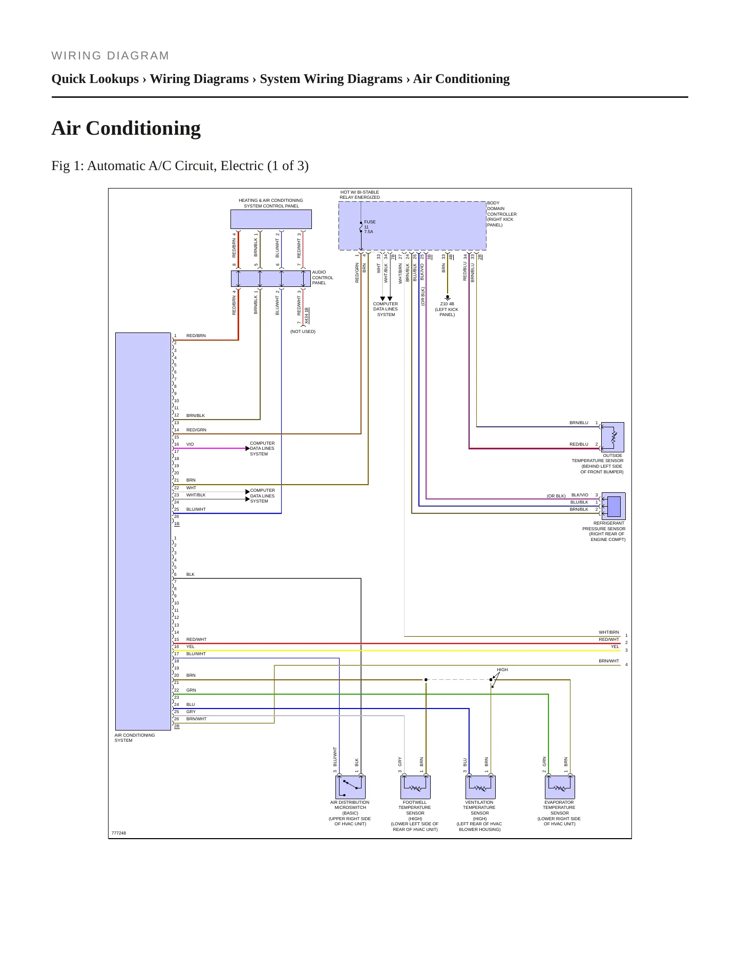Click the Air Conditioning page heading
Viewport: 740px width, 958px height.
126,128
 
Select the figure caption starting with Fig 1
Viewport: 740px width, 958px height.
180,165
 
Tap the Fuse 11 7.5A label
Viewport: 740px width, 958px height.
370,227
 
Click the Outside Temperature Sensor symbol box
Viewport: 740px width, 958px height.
612,437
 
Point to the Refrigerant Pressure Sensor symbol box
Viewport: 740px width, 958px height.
614,506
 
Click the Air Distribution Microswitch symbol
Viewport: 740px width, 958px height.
350,787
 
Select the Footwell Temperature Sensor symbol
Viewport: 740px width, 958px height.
415,787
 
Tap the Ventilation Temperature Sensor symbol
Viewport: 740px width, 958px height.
480,787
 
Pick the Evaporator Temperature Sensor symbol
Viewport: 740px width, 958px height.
560,787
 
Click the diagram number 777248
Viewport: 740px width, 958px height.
119,833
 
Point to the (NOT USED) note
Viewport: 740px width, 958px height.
303,331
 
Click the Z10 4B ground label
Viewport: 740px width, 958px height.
447,304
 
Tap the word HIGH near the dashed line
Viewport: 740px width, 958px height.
502,670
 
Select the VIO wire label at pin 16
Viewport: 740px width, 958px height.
190,444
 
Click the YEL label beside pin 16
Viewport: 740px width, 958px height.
191,647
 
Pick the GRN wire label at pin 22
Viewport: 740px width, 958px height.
191,690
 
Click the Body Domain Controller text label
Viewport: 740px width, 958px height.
502,214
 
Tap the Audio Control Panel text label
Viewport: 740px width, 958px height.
323,278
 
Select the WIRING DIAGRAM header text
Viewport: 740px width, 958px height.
110,56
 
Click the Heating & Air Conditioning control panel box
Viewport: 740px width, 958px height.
271,219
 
